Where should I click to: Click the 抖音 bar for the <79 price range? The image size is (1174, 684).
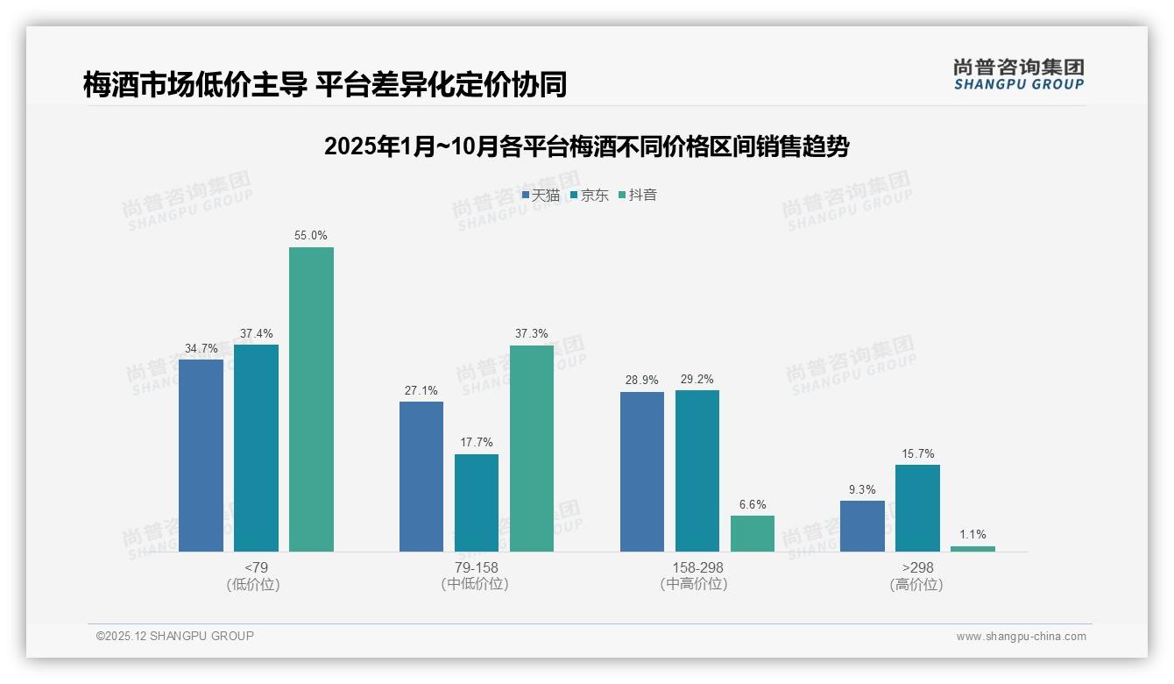(x=311, y=399)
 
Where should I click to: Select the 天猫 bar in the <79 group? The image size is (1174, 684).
(x=201, y=455)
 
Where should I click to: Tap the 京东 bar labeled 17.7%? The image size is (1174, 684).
(x=477, y=502)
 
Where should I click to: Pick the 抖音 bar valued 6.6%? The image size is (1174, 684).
(x=753, y=533)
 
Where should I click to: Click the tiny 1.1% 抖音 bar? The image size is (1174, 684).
(x=972, y=549)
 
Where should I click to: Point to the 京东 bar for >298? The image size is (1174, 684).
(x=917, y=508)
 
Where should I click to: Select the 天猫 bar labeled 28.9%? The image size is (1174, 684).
(x=642, y=472)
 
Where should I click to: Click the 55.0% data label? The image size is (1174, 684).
(x=311, y=236)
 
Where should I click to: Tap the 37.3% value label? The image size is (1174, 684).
(x=532, y=334)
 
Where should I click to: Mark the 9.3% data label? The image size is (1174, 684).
(x=862, y=489)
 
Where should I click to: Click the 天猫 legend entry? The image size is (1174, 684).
(x=541, y=196)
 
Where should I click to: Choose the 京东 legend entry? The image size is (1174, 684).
(x=590, y=196)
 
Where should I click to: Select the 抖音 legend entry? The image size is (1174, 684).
(x=638, y=196)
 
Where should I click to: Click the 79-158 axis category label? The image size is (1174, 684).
(x=476, y=567)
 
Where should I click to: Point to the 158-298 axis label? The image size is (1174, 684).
(x=697, y=567)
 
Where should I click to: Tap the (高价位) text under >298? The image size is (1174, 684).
(x=916, y=585)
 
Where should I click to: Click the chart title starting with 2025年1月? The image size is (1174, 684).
(x=586, y=146)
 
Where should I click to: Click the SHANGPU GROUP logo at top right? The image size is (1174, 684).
(x=1018, y=75)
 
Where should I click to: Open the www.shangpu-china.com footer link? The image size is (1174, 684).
(x=1021, y=637)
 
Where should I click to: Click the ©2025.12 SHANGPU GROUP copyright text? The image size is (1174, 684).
(x=175, y=636)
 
